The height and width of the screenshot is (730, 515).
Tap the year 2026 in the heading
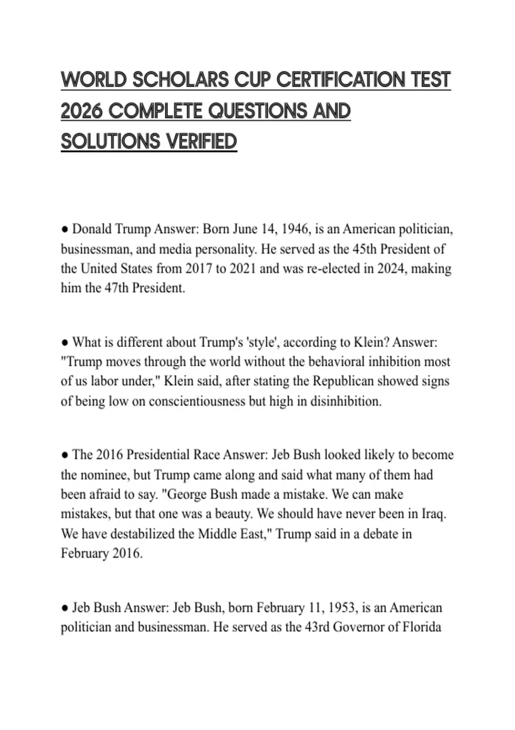coord(82,111)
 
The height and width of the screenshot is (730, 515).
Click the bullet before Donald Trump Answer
coord(65,230)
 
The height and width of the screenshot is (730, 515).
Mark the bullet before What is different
coord(65,343)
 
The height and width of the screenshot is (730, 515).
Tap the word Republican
coord(343,381)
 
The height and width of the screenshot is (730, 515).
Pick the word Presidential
coord(158,455)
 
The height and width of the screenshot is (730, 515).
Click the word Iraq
coord(434,514)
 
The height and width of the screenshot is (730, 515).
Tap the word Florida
coord(422,627)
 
